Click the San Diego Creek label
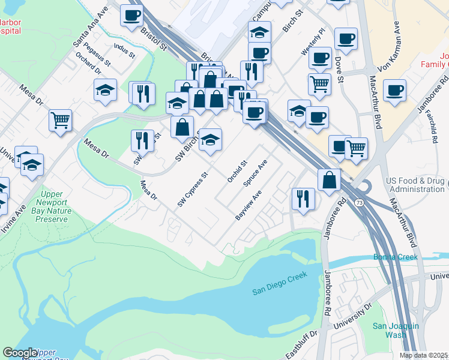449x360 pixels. click(279, 283)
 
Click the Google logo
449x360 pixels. click(20, 353)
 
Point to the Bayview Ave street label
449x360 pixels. click(249, 206)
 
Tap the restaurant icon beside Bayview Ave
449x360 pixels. click(303, 199)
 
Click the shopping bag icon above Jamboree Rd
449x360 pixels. click(330, 179)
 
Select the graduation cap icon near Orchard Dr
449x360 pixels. click(105, 90)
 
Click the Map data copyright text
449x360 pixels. click(424, 355)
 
